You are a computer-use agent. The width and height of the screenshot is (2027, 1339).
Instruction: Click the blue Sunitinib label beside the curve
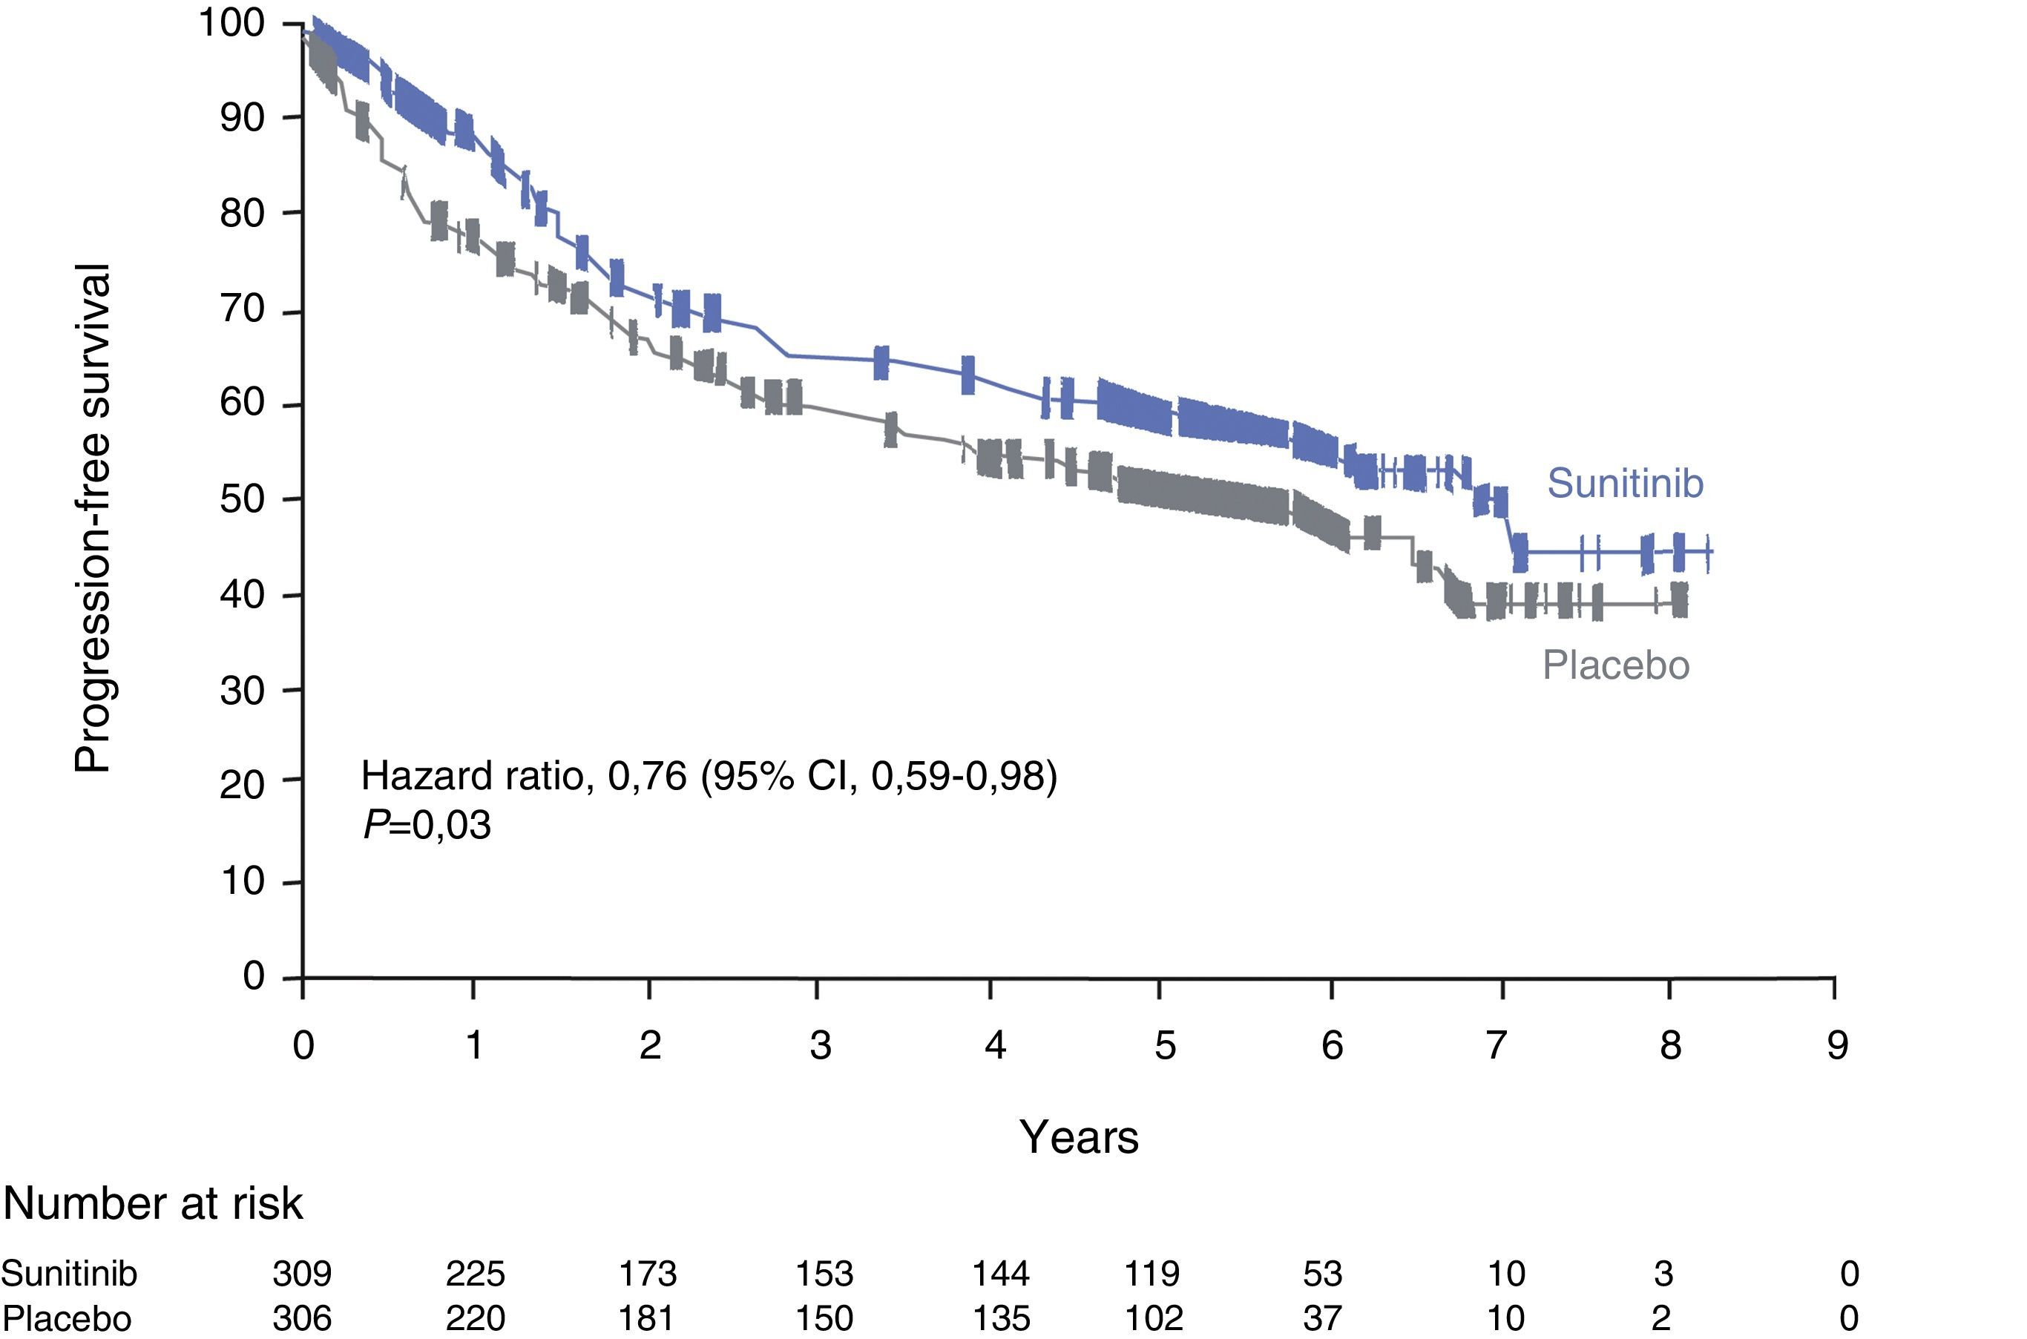[1625, 484]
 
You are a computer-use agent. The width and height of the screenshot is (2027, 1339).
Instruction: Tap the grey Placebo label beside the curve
[1615, 665]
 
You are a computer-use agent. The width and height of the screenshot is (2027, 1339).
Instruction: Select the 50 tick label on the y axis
[243, 499]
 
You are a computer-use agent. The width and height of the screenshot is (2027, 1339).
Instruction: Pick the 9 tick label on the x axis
[1836, 1044]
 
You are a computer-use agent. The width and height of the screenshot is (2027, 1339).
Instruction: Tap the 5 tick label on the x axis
[1165, 1044]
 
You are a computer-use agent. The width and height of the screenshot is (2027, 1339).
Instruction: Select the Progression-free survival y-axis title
[92, 519]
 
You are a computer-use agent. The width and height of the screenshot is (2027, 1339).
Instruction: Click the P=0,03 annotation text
[427, 825]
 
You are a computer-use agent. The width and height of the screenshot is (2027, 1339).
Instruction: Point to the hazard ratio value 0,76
[647, 775]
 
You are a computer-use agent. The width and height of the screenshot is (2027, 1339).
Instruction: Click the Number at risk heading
[153, 1204]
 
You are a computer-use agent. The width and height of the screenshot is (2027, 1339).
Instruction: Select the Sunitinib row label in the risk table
[69, 1273]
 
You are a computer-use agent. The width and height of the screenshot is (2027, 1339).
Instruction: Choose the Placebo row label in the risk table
[67, 1318]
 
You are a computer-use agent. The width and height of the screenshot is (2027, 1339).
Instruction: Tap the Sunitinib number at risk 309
[301, 1273]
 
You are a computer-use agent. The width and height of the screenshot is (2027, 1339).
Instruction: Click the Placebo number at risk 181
[647, 1318]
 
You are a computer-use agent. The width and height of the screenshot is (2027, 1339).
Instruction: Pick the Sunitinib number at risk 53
[1323, 1273]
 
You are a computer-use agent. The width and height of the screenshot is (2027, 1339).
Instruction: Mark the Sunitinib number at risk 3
[1663, 1273]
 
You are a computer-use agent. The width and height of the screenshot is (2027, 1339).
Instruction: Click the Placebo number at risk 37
[1323, 1318]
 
